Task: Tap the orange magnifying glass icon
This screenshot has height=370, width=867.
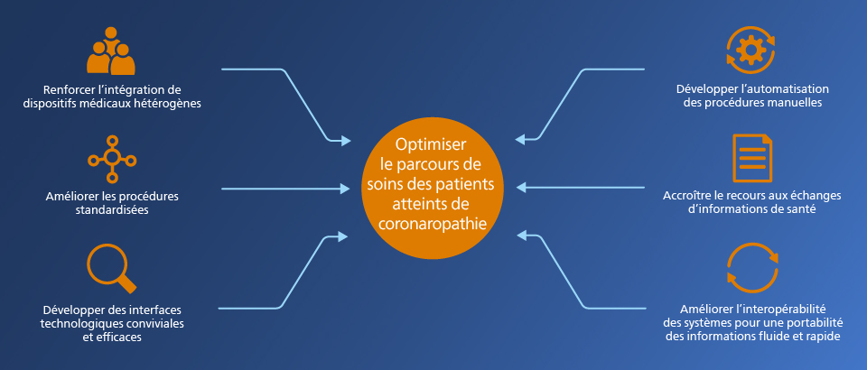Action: pyautogui.click(x=111, y=267)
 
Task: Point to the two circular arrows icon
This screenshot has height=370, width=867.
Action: pyautogui.click(x=751, y=268)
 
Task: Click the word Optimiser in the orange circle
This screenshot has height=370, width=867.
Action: pyautogui.click(x=429, y=145)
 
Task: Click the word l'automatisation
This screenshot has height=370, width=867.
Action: pyautogui.click(x=783, y=89)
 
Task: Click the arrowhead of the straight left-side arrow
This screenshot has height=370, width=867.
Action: pyautogui.click(x=345, y=189)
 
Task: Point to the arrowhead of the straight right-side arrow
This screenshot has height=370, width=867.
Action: pyautogui.click(x=520, y=188)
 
